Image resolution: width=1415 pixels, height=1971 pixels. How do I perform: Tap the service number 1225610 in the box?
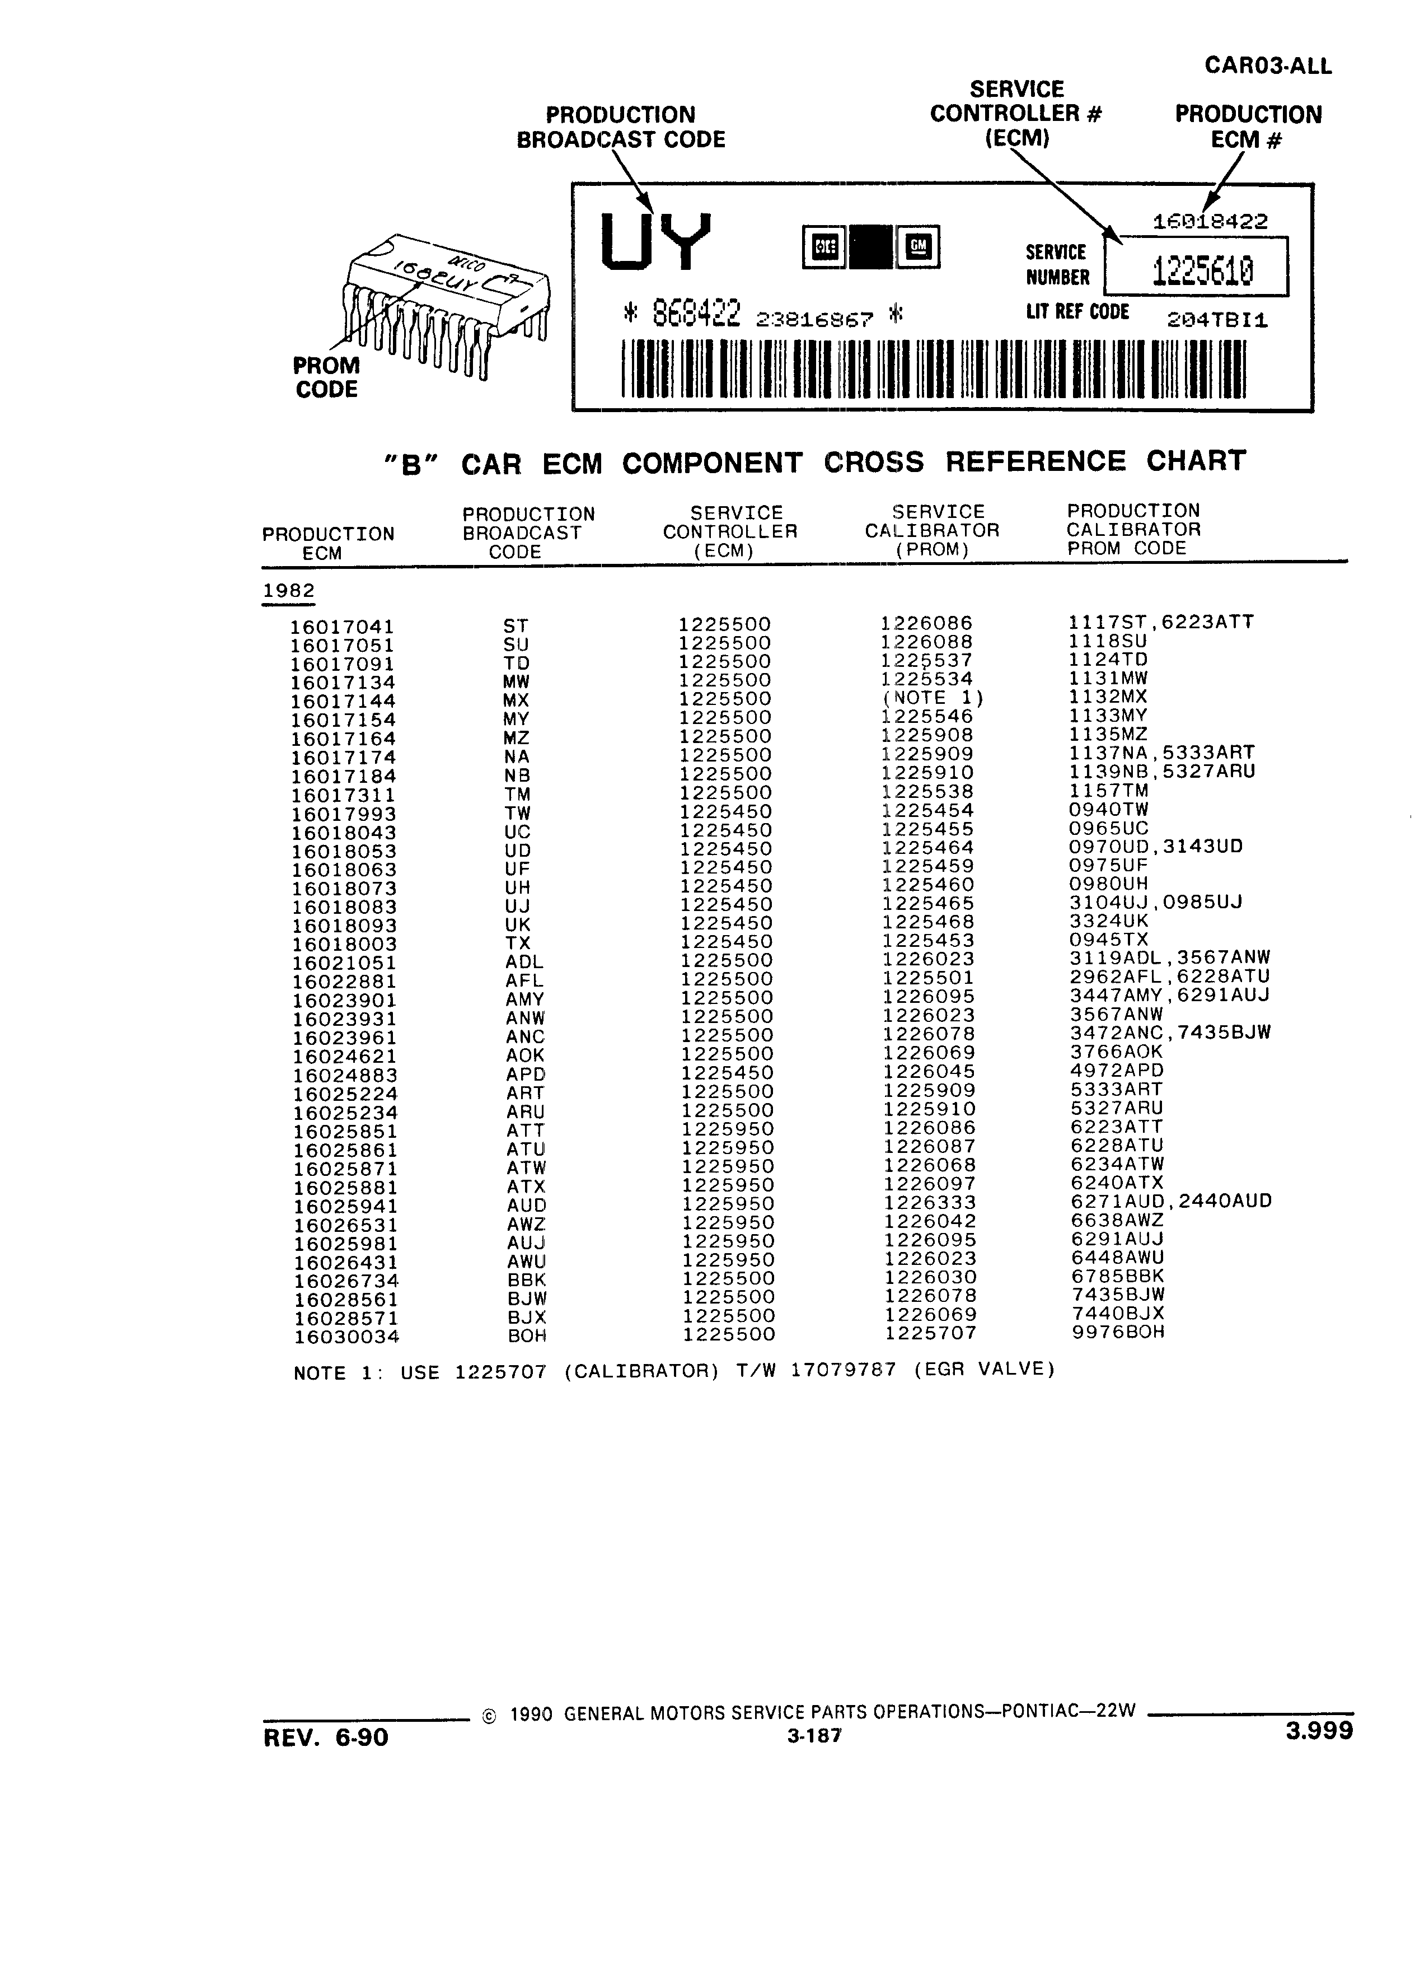click(1203, 272)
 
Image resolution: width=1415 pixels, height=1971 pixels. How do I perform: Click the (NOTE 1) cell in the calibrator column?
click(934, 698)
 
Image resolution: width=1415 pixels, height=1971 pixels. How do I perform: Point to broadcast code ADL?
click(524, 962)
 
